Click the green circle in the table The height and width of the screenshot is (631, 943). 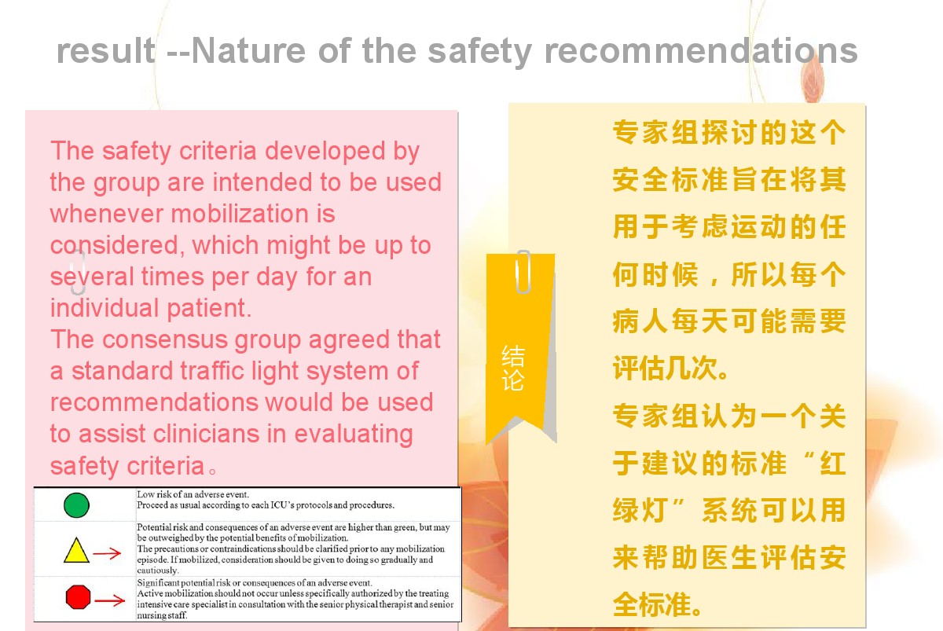[x=76, y=504]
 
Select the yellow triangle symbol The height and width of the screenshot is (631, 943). [x=76, y=550]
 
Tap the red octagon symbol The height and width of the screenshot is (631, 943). [x=79, y=596]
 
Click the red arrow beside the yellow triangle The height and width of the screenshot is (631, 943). [x=107, y=553]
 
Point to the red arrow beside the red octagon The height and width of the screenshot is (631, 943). [x=109, y=600]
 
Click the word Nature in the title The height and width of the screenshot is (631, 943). [x=248, y=50]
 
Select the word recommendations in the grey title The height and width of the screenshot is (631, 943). [x=701, y=50]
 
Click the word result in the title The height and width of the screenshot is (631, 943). [x=105, y=50]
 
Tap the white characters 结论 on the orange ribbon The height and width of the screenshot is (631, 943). [x=512, y=368]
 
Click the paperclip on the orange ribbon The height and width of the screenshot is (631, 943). [x=523, y=272]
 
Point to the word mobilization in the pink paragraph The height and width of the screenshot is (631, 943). [x=240, y=214]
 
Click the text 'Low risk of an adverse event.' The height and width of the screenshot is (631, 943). [x=193, y=494]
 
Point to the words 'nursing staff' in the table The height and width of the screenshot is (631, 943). [x=162, y=615]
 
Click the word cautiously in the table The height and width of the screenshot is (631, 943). [x=158, y=570]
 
